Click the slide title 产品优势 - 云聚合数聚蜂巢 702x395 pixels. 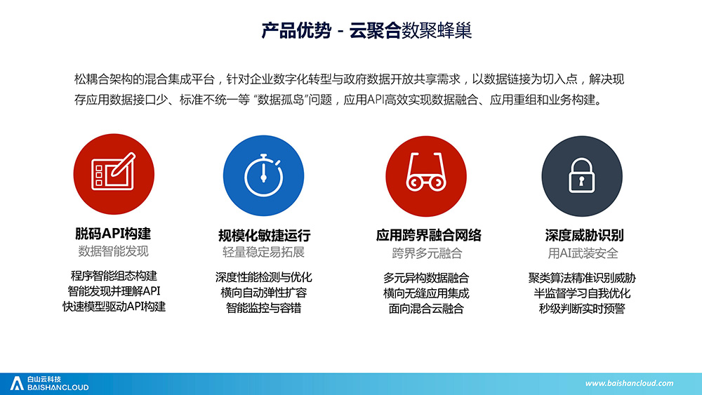click(x=366, y=30)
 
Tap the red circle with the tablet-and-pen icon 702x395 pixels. click(x=114, y=174)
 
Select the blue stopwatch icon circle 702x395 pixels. click(x=264, y=176)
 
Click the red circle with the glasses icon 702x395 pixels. click(x=426, y=176)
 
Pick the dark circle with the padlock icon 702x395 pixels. click(x=581, y=176)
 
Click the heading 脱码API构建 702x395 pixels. click(x=113, y=234)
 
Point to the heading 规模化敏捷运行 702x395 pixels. click(x=264, y=235)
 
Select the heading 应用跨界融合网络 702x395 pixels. click(x=428, y=235)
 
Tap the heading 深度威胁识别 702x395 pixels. click(x=584, y=235)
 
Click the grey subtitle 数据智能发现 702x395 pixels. click(x=113, y=251)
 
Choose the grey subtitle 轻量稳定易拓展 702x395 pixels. click(x=264, y=253)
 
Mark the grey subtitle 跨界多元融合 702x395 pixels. click(x=427, y=254)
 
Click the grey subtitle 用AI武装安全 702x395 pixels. click(x=583, y=254)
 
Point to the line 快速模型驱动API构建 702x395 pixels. click(x=114, y=307)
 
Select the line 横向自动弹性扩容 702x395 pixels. click(x=264, y=293)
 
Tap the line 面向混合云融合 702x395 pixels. click(x=426, y=309)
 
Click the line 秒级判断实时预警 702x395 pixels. click(x=581, y=309)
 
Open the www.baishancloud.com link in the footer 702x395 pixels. click(x=629, y=383)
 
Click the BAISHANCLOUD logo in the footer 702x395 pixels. click(x=49, y=383)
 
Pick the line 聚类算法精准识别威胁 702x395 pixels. click(x=581, y=278)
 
